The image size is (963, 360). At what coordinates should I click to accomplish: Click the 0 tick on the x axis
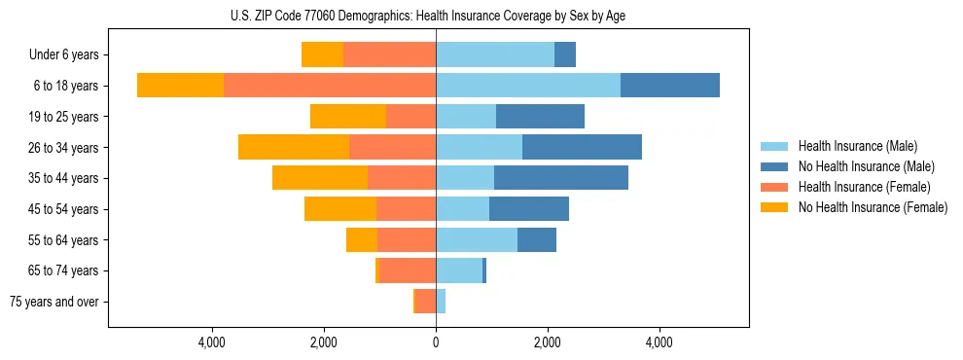pos(436,342)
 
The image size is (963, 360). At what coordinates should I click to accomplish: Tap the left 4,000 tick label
pos(212,342)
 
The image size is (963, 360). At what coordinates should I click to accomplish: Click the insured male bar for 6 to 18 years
pos(528,86)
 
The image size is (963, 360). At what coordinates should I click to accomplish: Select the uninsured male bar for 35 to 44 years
pos(561,178)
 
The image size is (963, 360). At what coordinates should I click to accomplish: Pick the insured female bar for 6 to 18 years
pos(330,86)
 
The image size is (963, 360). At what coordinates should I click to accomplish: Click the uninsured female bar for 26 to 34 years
pos(294,147)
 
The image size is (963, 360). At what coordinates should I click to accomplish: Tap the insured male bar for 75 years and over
pos(441,302)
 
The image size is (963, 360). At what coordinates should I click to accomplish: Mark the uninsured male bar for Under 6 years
pos(565,55)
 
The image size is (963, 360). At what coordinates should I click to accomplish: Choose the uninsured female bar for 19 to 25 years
pos(348,117)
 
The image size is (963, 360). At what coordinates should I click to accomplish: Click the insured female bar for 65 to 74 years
pos(409,270)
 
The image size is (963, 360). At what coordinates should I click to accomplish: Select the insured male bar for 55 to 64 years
pos(477,240)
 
